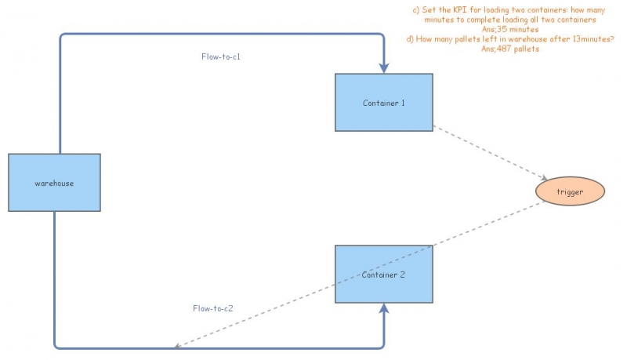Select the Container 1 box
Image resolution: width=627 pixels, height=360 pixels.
pos(383,102)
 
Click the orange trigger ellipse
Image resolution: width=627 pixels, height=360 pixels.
pos(571,191)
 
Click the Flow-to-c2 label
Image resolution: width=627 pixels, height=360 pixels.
pos(213,308)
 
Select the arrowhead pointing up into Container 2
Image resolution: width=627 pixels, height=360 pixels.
pos(384,309)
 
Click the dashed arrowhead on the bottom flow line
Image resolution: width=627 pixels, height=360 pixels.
pos(178,345)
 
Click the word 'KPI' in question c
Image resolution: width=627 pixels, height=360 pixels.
pos(456,9)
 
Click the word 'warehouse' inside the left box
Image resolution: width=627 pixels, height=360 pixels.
pos(54,183)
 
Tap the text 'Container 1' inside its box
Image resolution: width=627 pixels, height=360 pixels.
pos(383,103)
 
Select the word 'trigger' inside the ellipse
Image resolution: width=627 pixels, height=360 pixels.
pos(571,191)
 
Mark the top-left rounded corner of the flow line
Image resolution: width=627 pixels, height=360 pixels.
pos(63,37)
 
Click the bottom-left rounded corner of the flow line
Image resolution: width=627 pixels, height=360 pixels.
pos(57,344)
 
